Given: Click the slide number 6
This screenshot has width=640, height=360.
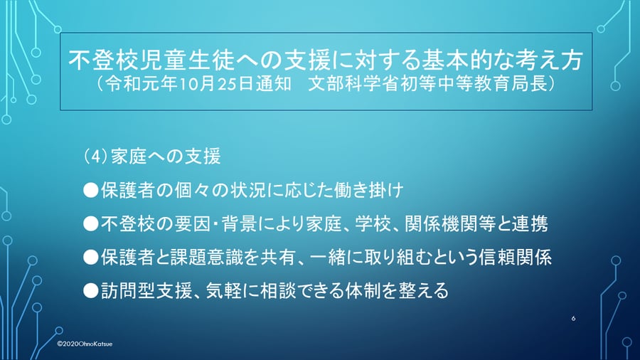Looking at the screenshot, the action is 573,318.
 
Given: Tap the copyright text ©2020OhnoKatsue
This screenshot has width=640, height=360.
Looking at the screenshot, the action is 85,344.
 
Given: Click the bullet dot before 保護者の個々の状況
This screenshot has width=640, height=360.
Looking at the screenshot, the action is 90,190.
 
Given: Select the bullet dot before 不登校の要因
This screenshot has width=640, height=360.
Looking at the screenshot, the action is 90,223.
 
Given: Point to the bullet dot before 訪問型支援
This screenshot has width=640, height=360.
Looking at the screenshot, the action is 90,290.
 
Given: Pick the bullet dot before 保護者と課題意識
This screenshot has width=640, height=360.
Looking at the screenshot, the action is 90,257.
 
